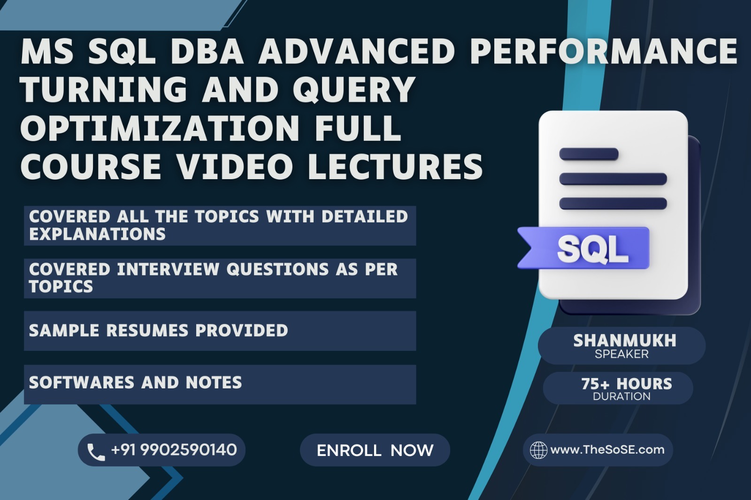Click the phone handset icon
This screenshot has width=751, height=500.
96,452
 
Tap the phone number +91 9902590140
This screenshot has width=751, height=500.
174,450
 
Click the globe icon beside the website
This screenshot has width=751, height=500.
538,450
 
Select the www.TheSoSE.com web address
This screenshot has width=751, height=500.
607,450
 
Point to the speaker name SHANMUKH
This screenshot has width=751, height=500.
625,341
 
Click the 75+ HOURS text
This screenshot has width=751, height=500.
627,384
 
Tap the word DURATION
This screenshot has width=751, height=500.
621,396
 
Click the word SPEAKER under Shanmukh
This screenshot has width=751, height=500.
621,354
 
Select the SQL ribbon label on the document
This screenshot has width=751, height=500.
584,248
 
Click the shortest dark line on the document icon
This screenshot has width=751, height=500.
589,154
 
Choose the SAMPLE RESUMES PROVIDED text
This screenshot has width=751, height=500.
159,330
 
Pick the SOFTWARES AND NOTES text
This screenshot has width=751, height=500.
136,382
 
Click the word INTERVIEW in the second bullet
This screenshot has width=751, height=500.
168,269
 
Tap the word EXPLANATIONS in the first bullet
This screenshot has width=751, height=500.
97,234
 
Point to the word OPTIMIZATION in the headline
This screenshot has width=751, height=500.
160,128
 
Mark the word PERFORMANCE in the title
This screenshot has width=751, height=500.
604,51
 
